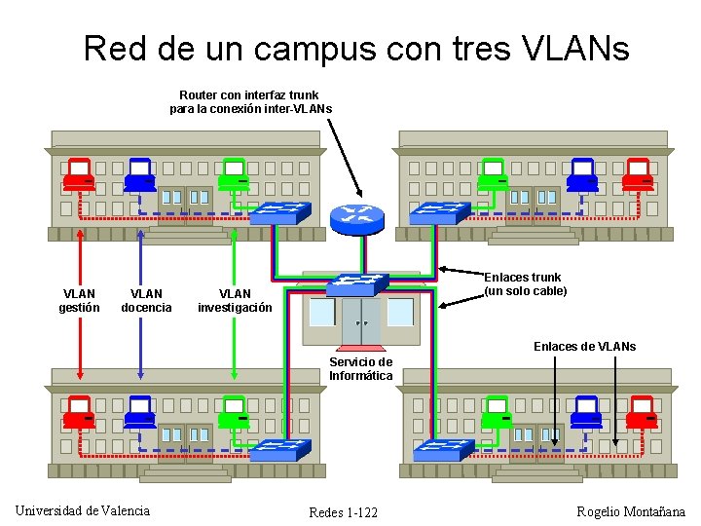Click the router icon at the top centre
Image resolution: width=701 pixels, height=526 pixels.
tap(359, 218)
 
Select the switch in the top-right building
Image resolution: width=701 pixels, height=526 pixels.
tap(439, 212)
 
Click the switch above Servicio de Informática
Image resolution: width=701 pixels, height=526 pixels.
tap(356, 284)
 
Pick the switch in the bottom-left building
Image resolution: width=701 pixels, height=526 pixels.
tap(280, 450)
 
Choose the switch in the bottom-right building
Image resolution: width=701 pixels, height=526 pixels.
tap(442, 449)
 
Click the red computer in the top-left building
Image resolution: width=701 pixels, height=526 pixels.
tap(78, 176)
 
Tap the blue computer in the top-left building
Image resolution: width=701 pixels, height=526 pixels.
tap(140, 175)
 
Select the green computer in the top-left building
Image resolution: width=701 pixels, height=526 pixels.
tap(234, 175)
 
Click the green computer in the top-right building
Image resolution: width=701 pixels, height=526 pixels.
tap(496, 175)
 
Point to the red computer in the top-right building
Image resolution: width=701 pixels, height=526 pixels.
tap(640, 175)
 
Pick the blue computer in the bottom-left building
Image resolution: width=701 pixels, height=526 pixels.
tap(140, 413)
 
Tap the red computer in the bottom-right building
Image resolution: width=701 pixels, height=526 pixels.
tap(642, 413)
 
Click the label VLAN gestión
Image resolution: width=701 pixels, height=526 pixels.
tap(79, 300)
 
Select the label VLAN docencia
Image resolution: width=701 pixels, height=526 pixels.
tap(146, 300)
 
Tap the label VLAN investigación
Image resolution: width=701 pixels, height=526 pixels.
tap(235, 300)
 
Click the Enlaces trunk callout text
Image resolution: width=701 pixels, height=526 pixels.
tap(525, 284)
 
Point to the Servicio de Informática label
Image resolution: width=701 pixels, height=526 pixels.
tap(360, 368)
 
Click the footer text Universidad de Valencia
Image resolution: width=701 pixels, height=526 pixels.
tap(83, 510)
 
